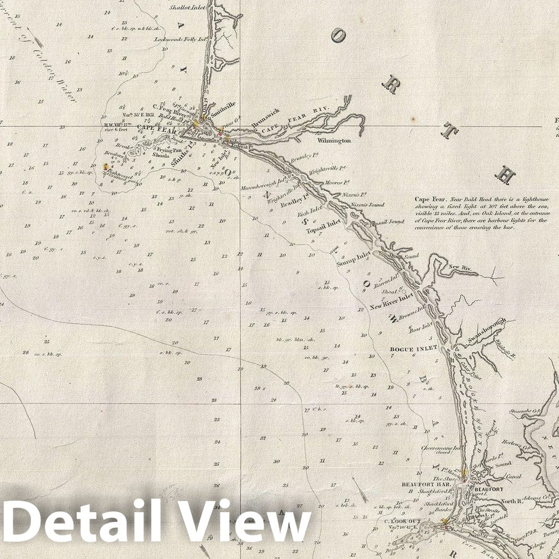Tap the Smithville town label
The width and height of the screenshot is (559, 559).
click(x=223, y=104)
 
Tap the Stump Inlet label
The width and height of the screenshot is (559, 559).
click(x=354, y=259)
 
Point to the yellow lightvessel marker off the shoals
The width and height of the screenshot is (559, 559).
click(x=106, y=167)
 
